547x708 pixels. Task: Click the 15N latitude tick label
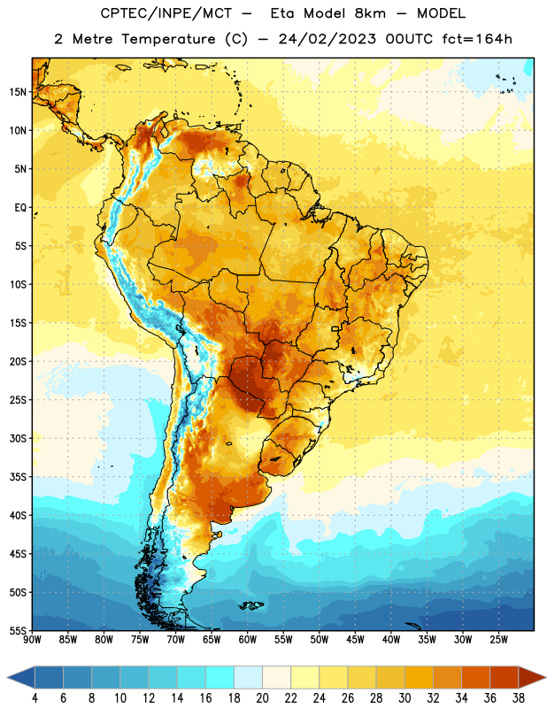pos(18,92)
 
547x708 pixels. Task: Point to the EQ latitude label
pos(20,208)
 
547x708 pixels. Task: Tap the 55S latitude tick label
pos(18,630)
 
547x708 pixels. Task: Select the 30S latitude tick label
pos(18,438)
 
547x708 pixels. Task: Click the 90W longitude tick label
pos(32,639)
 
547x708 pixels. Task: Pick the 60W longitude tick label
pos(248,639)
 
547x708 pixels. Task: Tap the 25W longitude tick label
pos(498,639)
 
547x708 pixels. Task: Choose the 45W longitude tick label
pos(355,639)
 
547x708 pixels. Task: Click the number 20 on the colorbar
pos(262,698)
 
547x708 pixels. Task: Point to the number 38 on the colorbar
pos(519,698)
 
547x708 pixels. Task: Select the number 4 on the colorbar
pos(35,698)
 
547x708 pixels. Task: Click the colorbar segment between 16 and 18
pos(220,677)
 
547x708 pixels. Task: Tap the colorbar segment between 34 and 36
pos(475,677)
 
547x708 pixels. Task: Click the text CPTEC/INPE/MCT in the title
pos(166,13)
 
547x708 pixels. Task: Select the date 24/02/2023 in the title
pos(327,39)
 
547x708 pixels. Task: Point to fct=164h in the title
pos(477,39)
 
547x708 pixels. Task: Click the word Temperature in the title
pos(168,39)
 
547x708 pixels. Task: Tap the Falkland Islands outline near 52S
pos(250,605)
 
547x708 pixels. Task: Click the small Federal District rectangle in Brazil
pos(335,328)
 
